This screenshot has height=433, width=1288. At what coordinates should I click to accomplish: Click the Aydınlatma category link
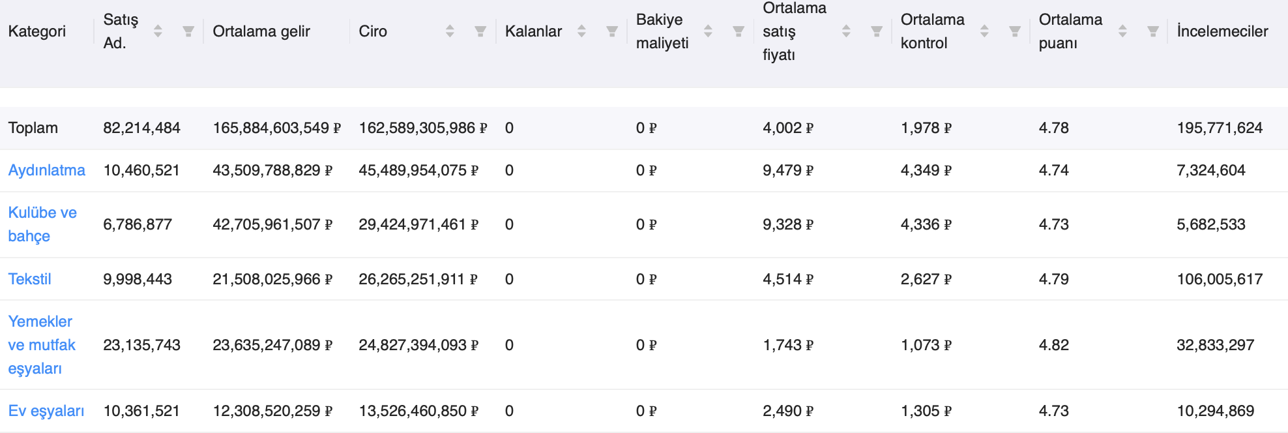[46, 170]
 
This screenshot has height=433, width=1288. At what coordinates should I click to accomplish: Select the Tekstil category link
[29, 279]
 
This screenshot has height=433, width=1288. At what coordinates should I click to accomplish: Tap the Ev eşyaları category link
[46, 411]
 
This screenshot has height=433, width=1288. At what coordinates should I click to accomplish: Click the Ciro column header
[373, 31]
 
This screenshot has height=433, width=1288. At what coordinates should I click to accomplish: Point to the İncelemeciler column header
[1222, 31]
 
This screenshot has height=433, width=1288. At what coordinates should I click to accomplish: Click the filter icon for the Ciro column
[480, 31]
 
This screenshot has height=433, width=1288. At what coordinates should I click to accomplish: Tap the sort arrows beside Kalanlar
[581, 31]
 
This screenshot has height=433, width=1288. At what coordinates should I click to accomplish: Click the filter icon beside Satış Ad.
[188, 31]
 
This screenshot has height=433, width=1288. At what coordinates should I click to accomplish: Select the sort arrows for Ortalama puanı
[1122, 31]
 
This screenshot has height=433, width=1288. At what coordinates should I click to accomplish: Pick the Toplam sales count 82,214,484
[141, 128]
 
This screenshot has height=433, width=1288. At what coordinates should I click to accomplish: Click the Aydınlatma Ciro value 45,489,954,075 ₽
[418, 170]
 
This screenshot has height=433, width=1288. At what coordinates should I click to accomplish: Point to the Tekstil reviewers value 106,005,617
[1220, 279]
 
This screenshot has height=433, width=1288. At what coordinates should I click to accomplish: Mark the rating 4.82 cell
[1054, 345]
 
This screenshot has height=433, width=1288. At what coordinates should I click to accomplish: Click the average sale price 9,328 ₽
[788, 224]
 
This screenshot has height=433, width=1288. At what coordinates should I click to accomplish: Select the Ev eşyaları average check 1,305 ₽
[926, 411]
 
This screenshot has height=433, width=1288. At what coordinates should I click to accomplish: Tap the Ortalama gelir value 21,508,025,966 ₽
[272, 279]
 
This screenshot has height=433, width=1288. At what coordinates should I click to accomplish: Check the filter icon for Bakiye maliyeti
[739, 31]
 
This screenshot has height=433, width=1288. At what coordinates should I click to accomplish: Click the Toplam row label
[33, 128]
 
